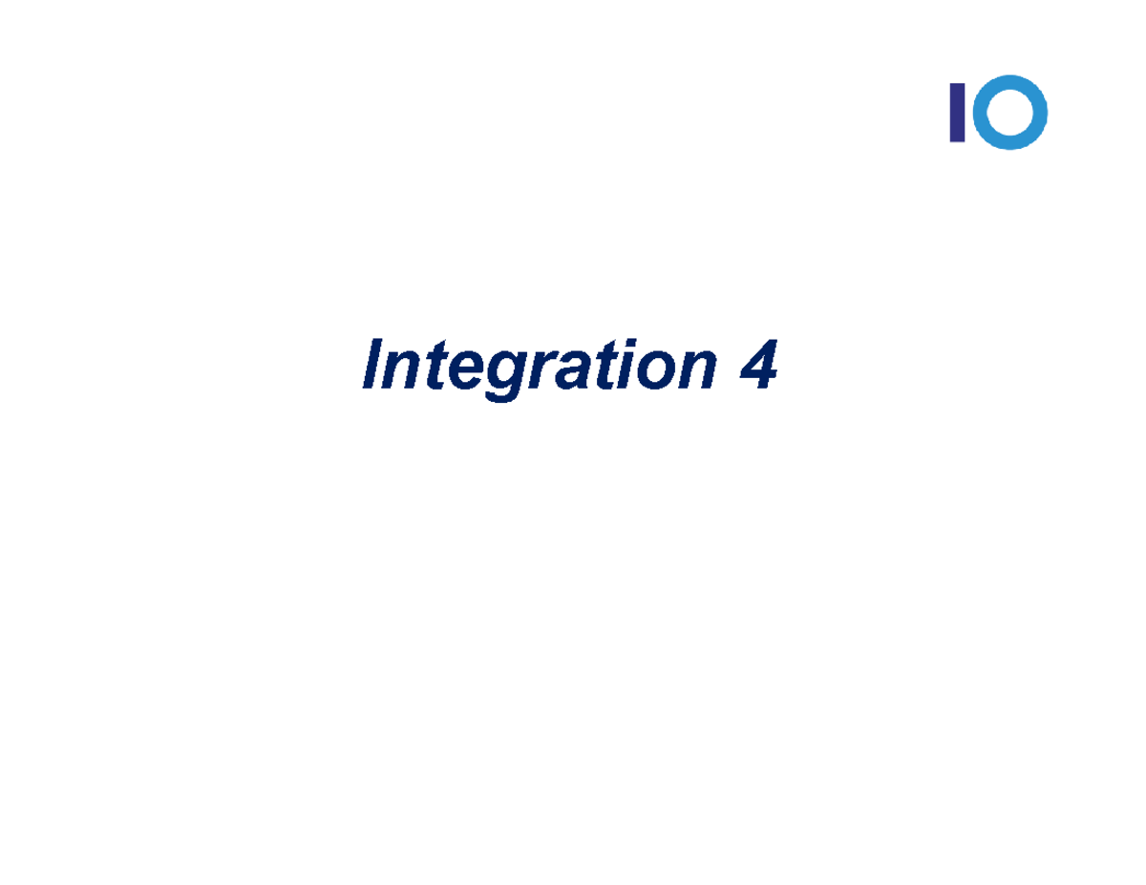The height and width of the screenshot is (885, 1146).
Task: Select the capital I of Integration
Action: pos(376,365)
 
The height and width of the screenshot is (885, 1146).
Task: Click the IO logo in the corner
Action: pos(998,113)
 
